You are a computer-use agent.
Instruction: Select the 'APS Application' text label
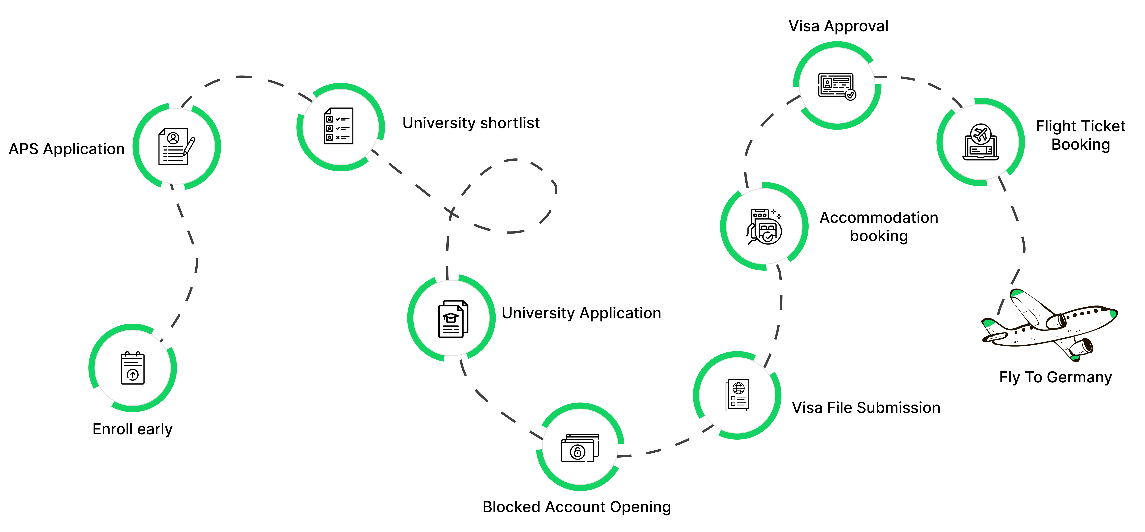point(67,149)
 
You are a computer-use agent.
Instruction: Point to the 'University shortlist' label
point(471,123)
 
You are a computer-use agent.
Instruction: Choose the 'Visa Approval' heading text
point(838,26)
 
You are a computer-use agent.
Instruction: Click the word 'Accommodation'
point(879,218)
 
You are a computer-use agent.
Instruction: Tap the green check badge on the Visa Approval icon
point(850,95)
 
